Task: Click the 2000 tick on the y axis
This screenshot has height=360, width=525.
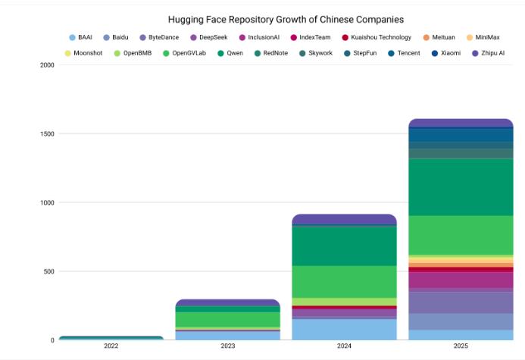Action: click(x=46, y=65)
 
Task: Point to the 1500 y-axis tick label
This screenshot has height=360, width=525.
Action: click(x=46, y=134)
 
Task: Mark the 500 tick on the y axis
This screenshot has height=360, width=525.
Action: click(x=48, y=271)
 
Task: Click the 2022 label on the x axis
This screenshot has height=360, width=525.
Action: click(x=111, y=346)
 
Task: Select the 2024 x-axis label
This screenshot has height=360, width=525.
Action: click(x=345, y=346)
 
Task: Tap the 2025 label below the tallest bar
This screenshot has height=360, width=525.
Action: click(x=461, y=346)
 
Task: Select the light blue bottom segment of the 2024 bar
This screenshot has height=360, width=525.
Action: click(x=345, y=329)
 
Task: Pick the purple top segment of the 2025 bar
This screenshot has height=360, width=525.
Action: click(x=461, y=123)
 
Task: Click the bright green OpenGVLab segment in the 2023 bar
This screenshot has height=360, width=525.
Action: click(x=228, y=319)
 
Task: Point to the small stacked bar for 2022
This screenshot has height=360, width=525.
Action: click(x=111, y=338)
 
